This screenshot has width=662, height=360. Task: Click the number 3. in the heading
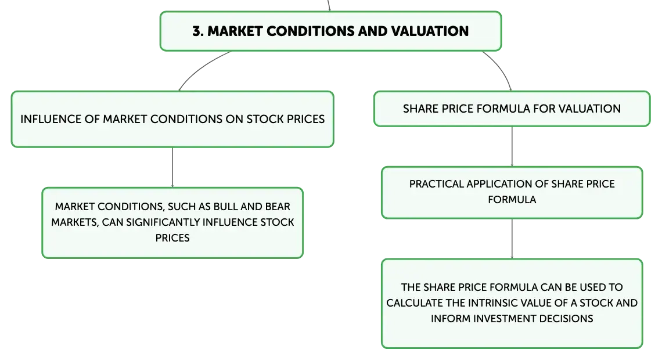pos(198,31)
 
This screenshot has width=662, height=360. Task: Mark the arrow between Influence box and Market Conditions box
pos(172,167)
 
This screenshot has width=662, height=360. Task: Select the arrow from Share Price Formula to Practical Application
pos(512,146)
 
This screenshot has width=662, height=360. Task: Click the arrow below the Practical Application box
pos(512,239)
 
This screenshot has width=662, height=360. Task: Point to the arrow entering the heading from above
pos(329,5)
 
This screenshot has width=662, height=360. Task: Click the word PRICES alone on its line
pos(172,238)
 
